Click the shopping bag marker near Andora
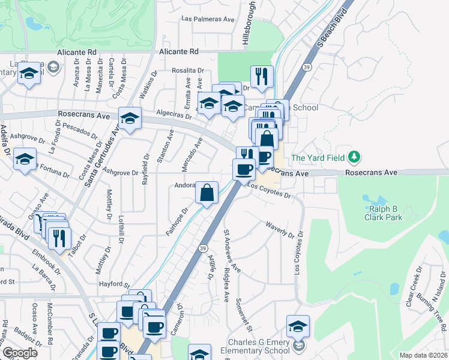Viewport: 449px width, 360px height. point(206,193)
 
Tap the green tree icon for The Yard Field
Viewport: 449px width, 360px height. point(355,157)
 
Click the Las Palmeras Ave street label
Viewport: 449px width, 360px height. point(208,19)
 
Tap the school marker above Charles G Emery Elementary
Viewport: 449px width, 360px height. point(298,326)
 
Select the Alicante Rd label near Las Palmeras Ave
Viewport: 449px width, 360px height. point(178,52)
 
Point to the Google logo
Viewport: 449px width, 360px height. point(20,353)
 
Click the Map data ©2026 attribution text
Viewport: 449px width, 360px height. point(423,355)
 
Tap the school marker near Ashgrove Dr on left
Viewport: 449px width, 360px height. point(25,160)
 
